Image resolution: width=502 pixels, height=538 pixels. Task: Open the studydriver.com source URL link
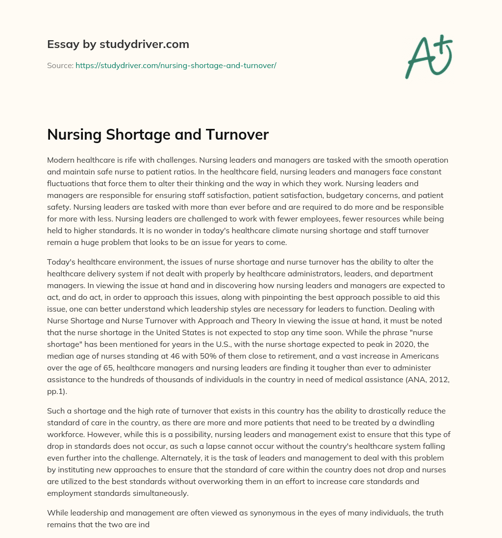pos(176,65)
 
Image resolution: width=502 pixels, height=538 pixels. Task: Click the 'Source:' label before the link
pos(60,65)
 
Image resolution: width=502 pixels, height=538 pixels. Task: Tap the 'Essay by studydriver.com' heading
pos(118,44)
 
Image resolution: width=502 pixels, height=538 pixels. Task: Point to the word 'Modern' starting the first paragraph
pos(60,160)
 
